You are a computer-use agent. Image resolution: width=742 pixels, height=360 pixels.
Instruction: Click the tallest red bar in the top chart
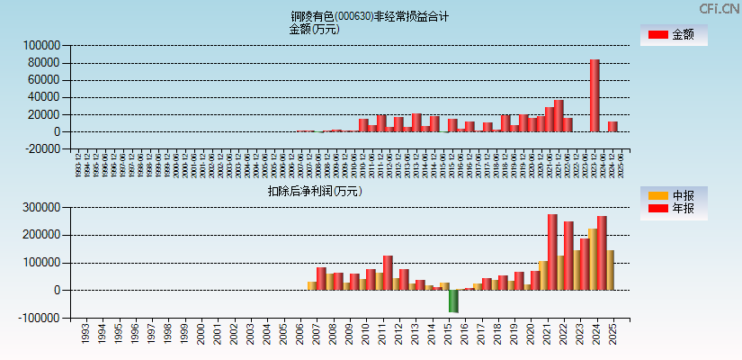[x=594, y=95]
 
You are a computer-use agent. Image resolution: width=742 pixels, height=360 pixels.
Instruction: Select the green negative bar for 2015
[x=454, y=301]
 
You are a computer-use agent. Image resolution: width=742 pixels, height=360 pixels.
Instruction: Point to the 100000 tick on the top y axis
[x=42, y=45]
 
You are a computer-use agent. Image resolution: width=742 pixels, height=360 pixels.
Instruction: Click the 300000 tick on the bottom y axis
[x=42, y=207]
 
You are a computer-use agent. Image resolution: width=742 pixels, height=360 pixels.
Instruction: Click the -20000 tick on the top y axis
[x=42, y=149]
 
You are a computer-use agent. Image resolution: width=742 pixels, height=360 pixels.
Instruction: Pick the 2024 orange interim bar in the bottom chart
[x=593, y=259]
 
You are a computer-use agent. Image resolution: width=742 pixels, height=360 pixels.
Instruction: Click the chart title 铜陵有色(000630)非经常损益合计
[x=370, y=16]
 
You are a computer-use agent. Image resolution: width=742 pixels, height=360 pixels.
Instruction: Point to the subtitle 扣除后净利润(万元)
[x=315, y=191]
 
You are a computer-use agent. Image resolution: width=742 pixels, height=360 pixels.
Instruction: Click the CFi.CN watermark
[x=720, y=8]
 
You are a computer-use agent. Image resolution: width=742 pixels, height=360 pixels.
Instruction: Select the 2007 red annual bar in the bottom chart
[x=321, y=279]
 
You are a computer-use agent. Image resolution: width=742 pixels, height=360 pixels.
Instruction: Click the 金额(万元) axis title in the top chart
[x=314, y=29]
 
